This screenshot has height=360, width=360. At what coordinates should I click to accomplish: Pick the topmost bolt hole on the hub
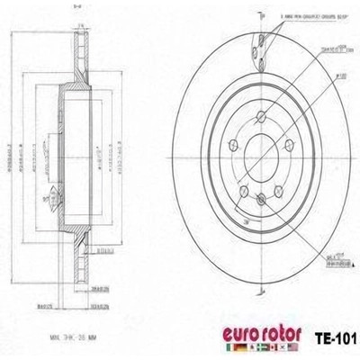261,116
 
